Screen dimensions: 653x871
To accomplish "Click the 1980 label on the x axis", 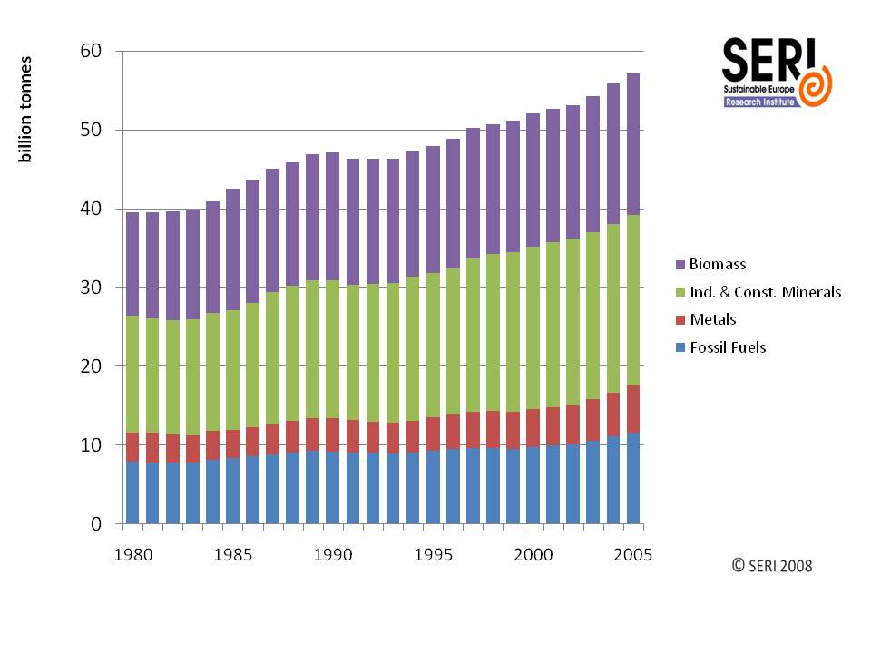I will pyautogui.click(x=132, y=552).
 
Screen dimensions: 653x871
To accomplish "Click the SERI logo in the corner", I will pyautogui.click(x=777, y=73).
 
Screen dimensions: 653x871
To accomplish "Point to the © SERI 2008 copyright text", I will pyautogui.click(x=772, y=566).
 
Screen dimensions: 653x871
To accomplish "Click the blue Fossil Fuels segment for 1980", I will pyautogui.click(x=133, y=492).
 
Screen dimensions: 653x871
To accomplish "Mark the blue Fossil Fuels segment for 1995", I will pyautogui.click(x=432, y=487).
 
